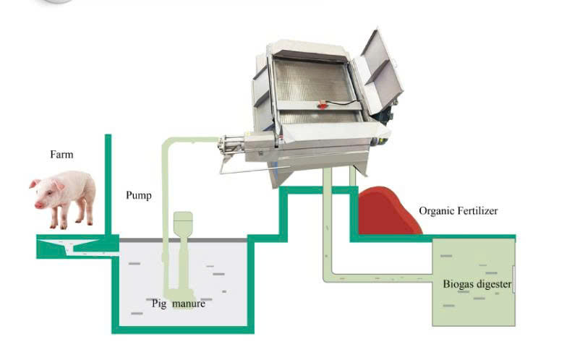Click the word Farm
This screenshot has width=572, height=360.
61,154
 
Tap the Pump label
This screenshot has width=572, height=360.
139,195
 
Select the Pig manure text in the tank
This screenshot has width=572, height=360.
179,304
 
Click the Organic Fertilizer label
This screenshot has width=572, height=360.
458,211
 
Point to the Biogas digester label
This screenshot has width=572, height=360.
477,284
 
